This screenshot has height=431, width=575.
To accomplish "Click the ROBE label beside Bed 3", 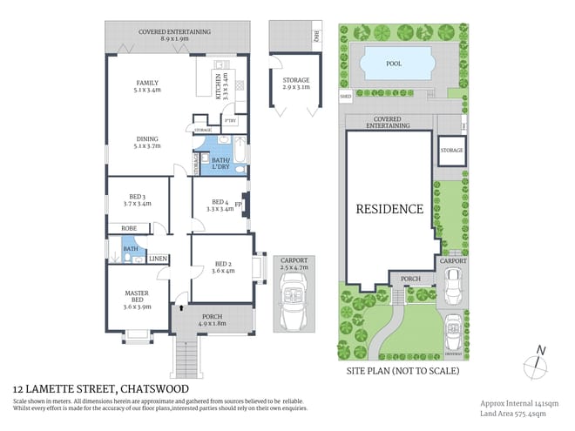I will [129, 228].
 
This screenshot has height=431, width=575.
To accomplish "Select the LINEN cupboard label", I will [157, 259].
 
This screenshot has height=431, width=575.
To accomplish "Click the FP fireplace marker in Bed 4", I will [238, 205].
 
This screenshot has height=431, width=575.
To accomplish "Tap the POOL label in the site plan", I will [394, 64].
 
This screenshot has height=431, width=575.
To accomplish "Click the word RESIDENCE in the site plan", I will [389, 209].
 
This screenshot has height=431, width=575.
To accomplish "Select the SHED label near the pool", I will [345, 95].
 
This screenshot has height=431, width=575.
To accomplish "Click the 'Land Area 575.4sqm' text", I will [518, 414].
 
